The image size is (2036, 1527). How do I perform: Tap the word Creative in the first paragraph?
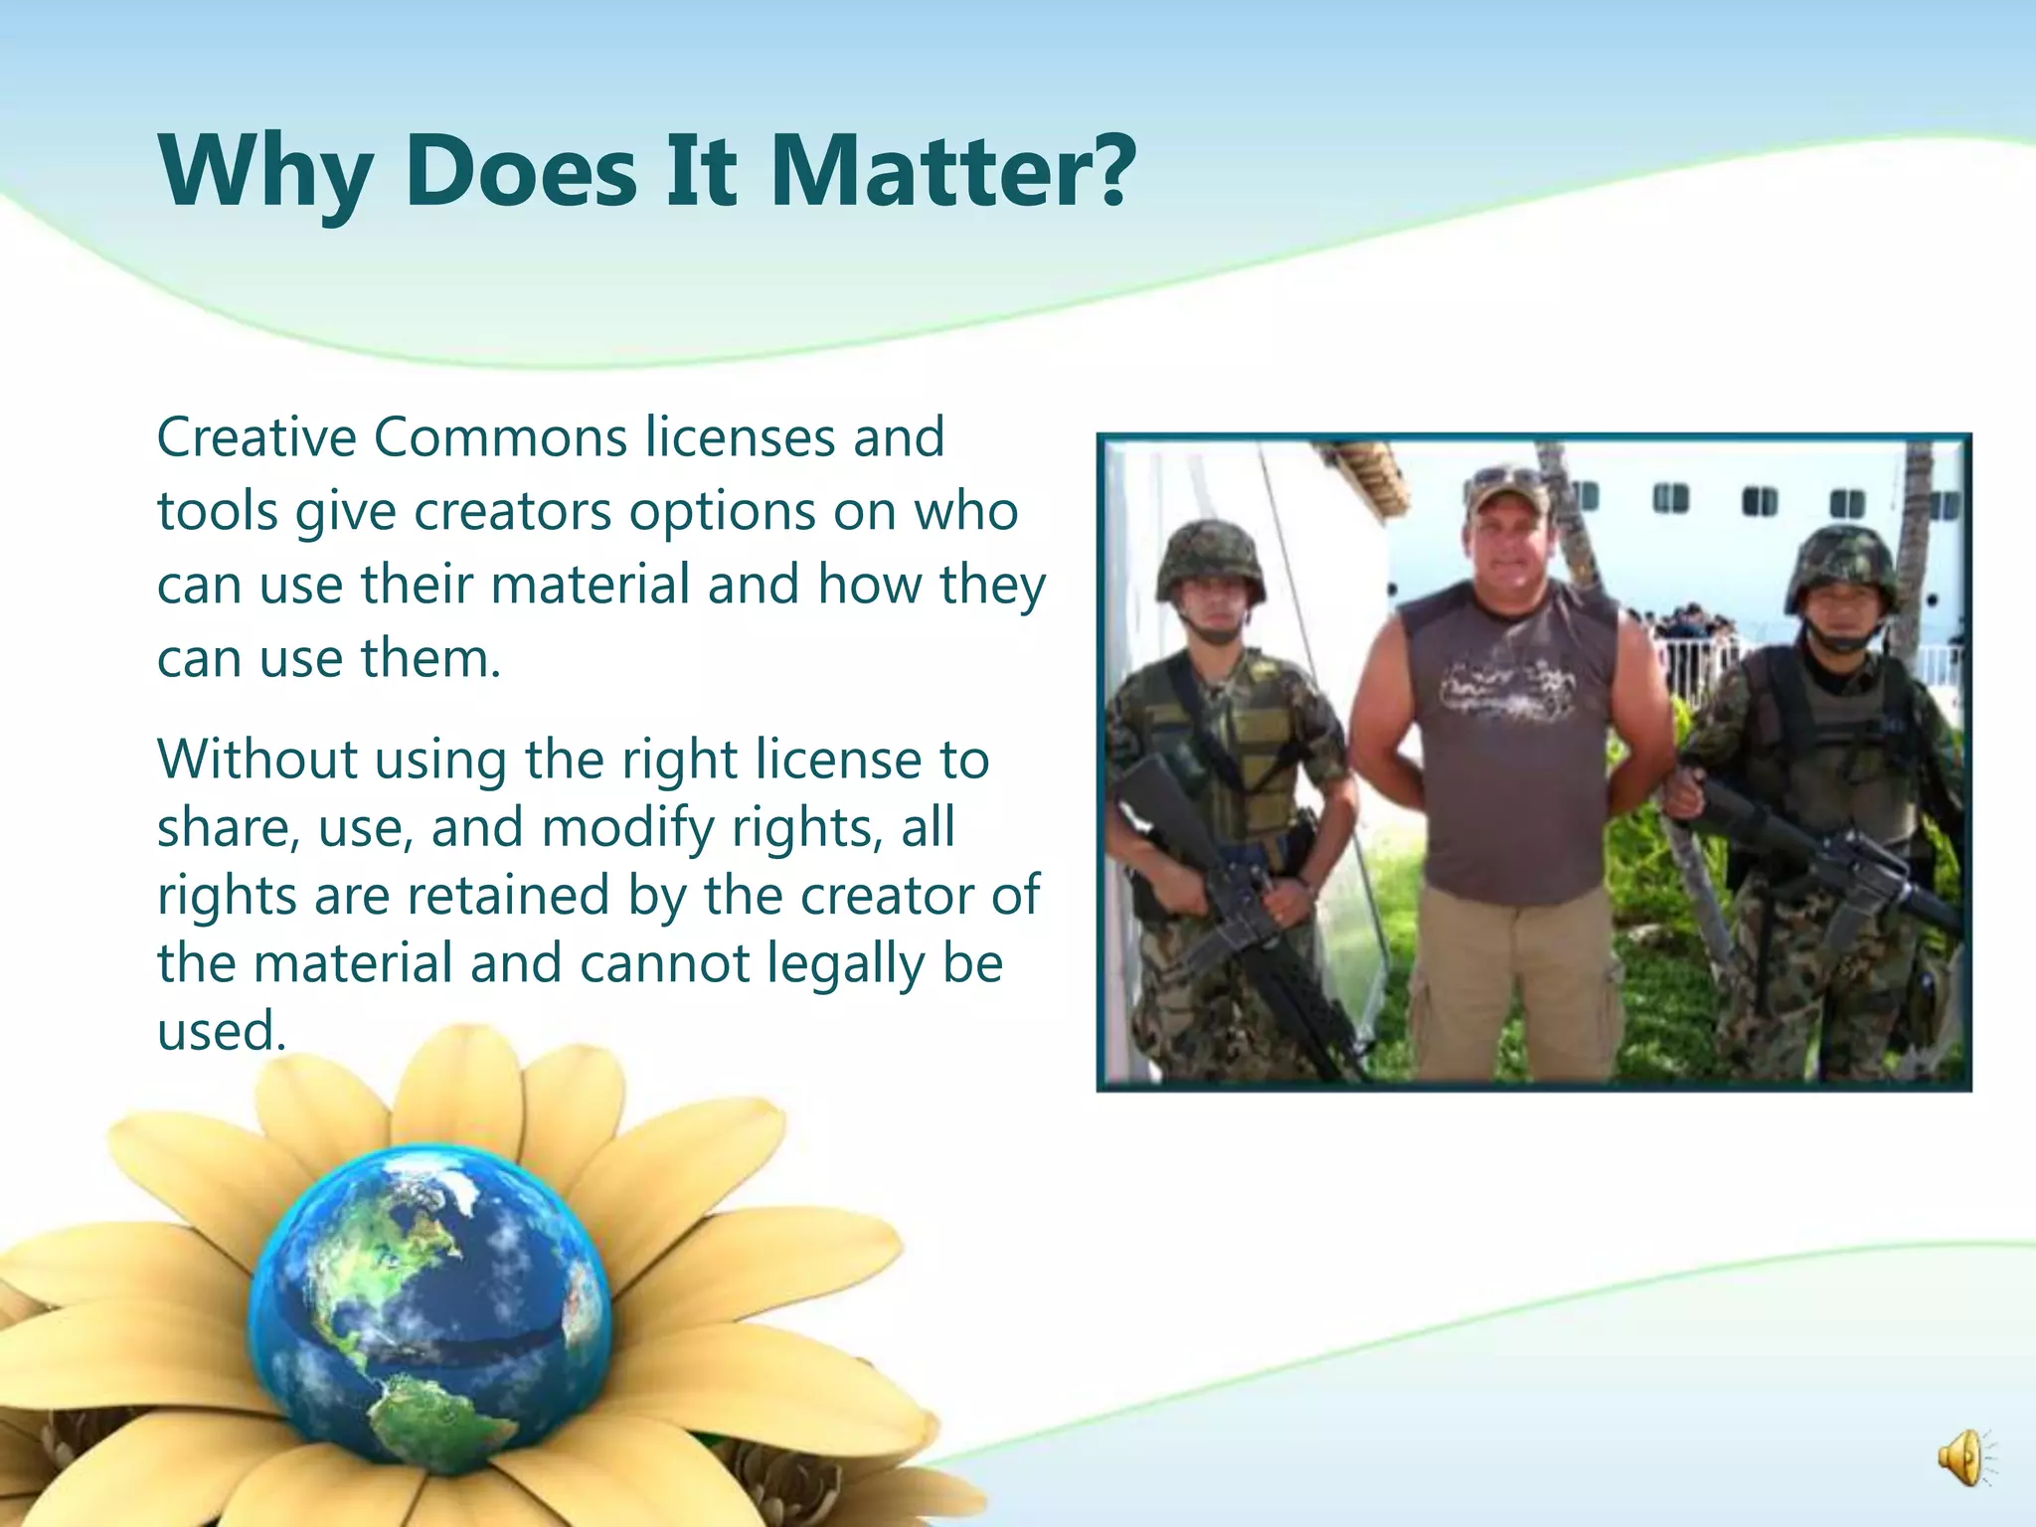[x=256, y=437]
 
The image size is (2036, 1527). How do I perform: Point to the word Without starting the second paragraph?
[x=255, y=760]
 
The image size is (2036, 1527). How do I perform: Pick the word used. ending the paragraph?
[x=222, y=1031]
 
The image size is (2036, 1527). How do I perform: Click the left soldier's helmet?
[x=1209, y=559]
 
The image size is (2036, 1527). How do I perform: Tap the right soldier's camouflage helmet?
[x=1840, y=567]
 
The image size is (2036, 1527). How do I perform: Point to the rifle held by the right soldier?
[x=1839, y=865]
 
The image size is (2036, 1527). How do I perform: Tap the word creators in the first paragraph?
[x=512, y=512]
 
